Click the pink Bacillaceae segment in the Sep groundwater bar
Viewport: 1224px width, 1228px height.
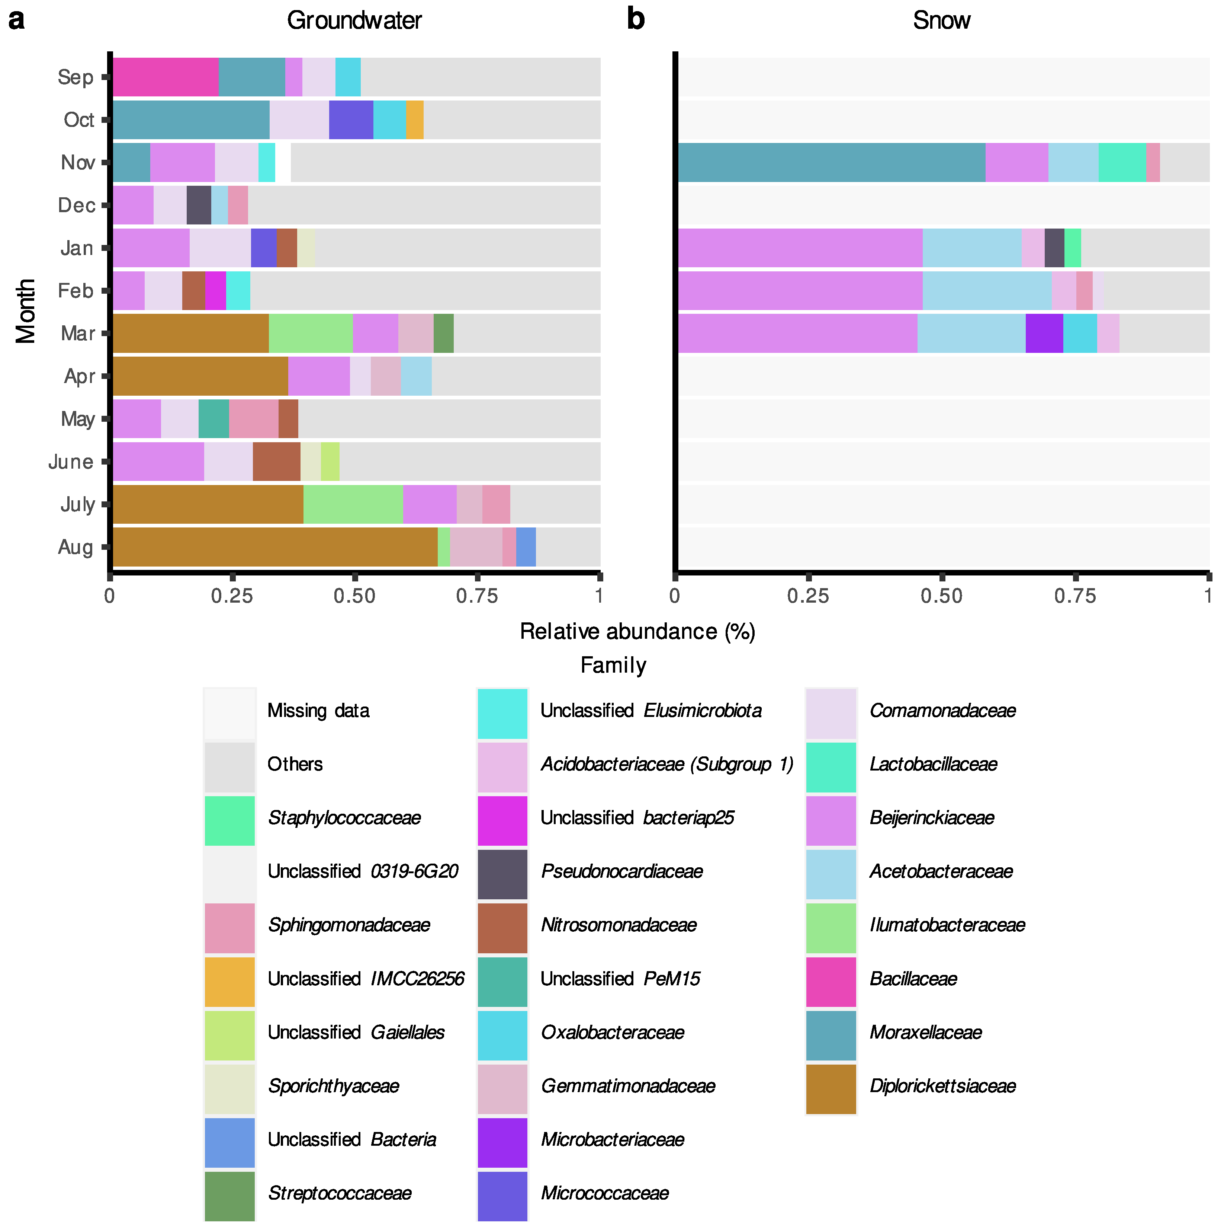(x=165, y=77)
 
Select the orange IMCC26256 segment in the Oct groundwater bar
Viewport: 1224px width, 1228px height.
(x=414, y=119)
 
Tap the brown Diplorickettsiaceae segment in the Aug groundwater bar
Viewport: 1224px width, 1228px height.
(x=274, y=546)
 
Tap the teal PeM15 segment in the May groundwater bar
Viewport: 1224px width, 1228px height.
(x=213, y=418)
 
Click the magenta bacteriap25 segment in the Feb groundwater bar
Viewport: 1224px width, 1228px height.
(x=215, y=290)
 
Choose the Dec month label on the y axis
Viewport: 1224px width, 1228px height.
(x=76, y=205)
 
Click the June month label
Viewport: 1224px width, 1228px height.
(x=71, y=462)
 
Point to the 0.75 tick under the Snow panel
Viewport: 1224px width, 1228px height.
(x=1075, y=596)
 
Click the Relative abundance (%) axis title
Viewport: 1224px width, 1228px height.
(x=637, y=631)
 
